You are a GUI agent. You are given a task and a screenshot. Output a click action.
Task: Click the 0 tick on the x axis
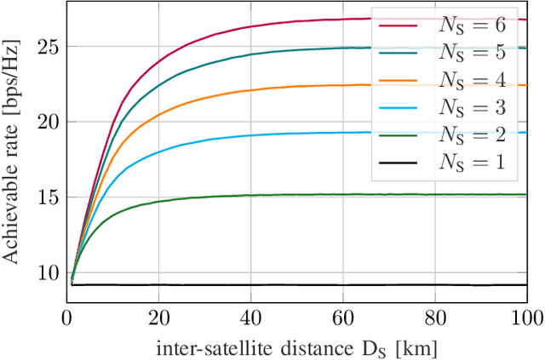pos(67,317)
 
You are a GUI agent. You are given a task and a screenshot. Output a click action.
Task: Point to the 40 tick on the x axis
pos(251,317)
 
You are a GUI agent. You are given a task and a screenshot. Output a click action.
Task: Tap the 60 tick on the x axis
pos(343,317)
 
